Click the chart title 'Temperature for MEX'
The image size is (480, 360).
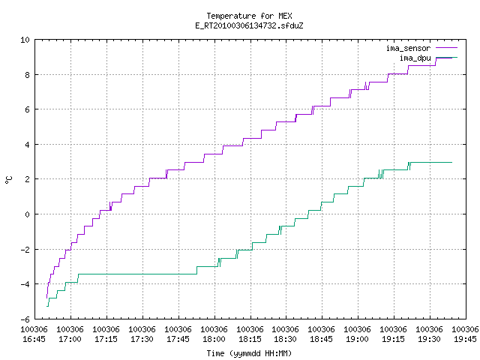[249, 16]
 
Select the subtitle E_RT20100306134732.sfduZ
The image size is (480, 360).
[249, 25]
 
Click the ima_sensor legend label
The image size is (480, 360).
[408, 48]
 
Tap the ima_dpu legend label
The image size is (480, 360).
[415, 58]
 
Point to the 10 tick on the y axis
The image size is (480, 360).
[25, 40]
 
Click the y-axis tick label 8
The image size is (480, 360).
[27, 75]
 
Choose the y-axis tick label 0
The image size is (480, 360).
[27, 214]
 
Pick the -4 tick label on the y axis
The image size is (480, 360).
[25, 284]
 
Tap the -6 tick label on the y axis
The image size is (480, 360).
[25, 319]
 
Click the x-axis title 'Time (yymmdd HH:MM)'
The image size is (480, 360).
[249, 353]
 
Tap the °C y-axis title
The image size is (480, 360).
[9, 180]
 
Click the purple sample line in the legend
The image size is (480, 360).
[447, 48]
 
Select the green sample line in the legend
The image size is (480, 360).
[447, 58]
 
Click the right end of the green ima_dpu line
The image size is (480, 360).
[451, 162]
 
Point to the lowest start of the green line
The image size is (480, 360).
[46, 306]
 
